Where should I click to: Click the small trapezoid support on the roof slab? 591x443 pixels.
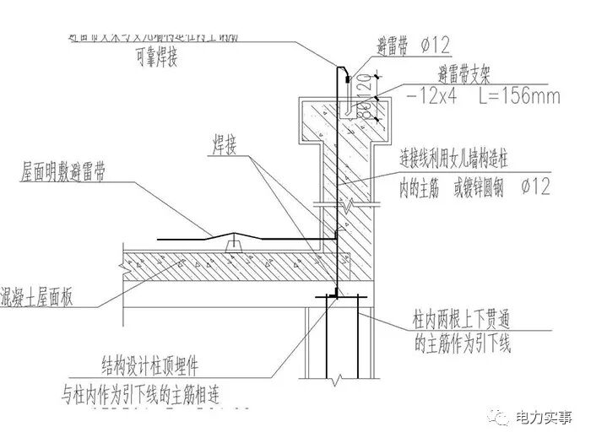click(x=237, y=244)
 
